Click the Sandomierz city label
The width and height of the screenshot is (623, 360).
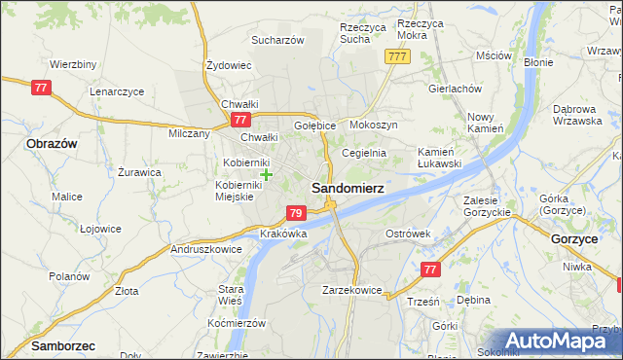[347, 188]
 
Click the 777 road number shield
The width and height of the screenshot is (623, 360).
[396, 57]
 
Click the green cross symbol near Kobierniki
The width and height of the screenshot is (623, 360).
[267, 174]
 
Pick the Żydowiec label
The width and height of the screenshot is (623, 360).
[230, 66]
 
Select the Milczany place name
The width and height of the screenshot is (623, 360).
[190, 134]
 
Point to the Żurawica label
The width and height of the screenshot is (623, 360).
[139, 172]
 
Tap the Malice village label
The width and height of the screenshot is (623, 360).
[67, 197]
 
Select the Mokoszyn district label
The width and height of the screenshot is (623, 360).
[374, 126]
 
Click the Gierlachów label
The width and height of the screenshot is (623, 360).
[455, 88]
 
